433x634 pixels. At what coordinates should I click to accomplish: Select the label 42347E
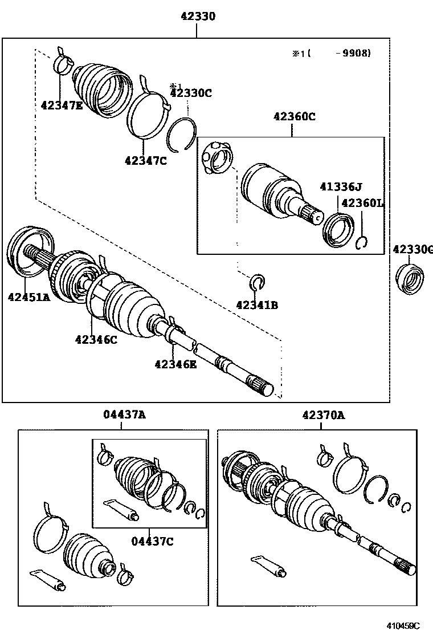pyautogui.click(x=62, y=105)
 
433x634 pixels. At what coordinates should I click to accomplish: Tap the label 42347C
pyautogui.click(x=146, y=160)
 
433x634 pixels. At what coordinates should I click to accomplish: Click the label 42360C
pyautogui.click(x=294, y=117)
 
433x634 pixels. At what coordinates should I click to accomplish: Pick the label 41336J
pyautogui.click(x=341, y=186)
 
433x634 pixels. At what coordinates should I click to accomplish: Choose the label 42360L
pyautogui.click(x=363, y=203)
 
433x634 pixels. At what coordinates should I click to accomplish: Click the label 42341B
pyautogui.click(x=257, y=305)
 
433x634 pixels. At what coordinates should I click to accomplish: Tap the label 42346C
pyautogui.click(x=96, y=340)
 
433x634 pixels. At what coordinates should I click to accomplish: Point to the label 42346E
pyautogui.click(x=175, y=364)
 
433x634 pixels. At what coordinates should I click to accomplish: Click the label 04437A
pyautogui.click(x=124, y=415)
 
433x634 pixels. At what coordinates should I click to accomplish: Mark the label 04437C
pyautogui.click(x=152, y=541)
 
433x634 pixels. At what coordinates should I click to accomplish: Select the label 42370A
pyautogui.click(x=324, y=415)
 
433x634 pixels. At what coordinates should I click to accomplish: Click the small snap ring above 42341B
pyautogui.click(x=258, y=281)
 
